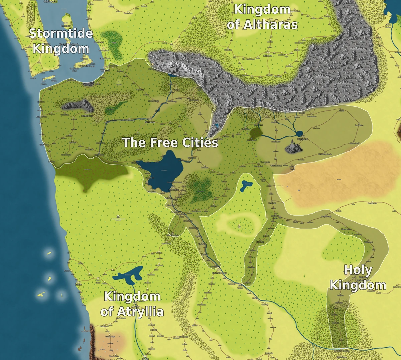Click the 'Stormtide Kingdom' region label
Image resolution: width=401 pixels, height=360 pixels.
click(60, 41)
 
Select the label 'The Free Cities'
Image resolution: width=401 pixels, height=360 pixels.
click(170, 143)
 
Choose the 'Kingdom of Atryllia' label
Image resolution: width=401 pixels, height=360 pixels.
click(132, 304)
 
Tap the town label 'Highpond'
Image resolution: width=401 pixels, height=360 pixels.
click(302, 139)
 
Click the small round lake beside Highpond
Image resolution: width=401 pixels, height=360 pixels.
click(299, 133)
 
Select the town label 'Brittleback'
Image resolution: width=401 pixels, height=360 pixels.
click(88, 116)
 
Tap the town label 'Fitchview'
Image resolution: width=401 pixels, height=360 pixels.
click(150, 123)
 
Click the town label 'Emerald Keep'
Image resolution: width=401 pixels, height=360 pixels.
click(220, 273)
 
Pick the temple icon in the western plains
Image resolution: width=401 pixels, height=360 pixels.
click(117, 216)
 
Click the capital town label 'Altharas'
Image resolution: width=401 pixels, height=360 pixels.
click(268, 56)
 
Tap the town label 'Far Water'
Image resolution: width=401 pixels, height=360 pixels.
click(359, 125)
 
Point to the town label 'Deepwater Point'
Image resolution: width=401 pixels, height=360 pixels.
click(75, 70)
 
